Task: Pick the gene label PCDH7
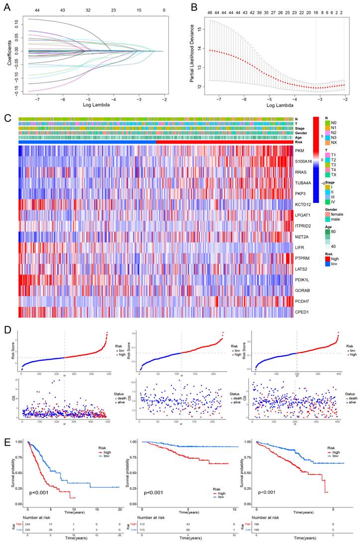301,301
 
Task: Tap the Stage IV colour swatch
328,202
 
